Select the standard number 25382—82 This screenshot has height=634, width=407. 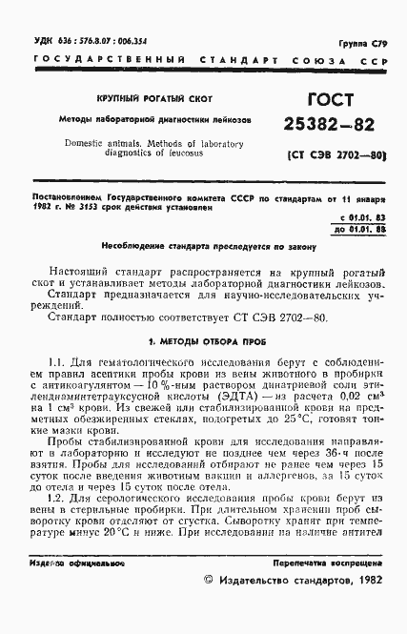click(x=327, y=127)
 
